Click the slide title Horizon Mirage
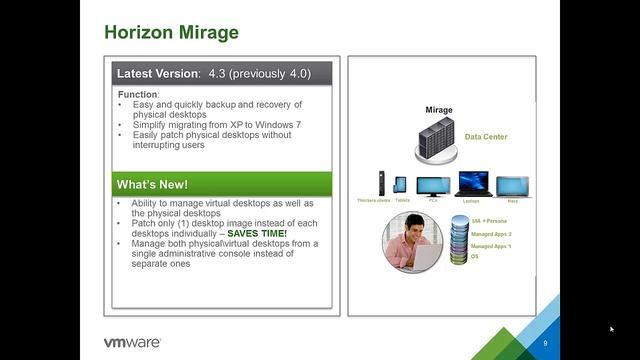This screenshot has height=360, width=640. click(172, 32)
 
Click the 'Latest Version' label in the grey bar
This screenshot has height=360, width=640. click(158, 74)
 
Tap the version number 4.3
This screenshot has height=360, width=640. click(219, 74)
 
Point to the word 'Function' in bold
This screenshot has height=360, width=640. click(138, 95)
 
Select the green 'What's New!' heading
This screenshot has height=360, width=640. click(152, 185)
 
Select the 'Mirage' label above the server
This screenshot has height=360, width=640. click(438, 110)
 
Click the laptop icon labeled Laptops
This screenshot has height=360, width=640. click(472, 183)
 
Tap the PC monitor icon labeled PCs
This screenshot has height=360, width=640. click(433, 185)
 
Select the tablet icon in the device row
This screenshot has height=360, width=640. click(401, 185)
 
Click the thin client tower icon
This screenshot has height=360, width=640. click(381, 183)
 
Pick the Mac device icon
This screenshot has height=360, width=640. click(512, 187)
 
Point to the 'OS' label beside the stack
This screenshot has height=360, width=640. click(475, 257)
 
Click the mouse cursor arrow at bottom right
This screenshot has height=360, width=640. click(612, 328)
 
